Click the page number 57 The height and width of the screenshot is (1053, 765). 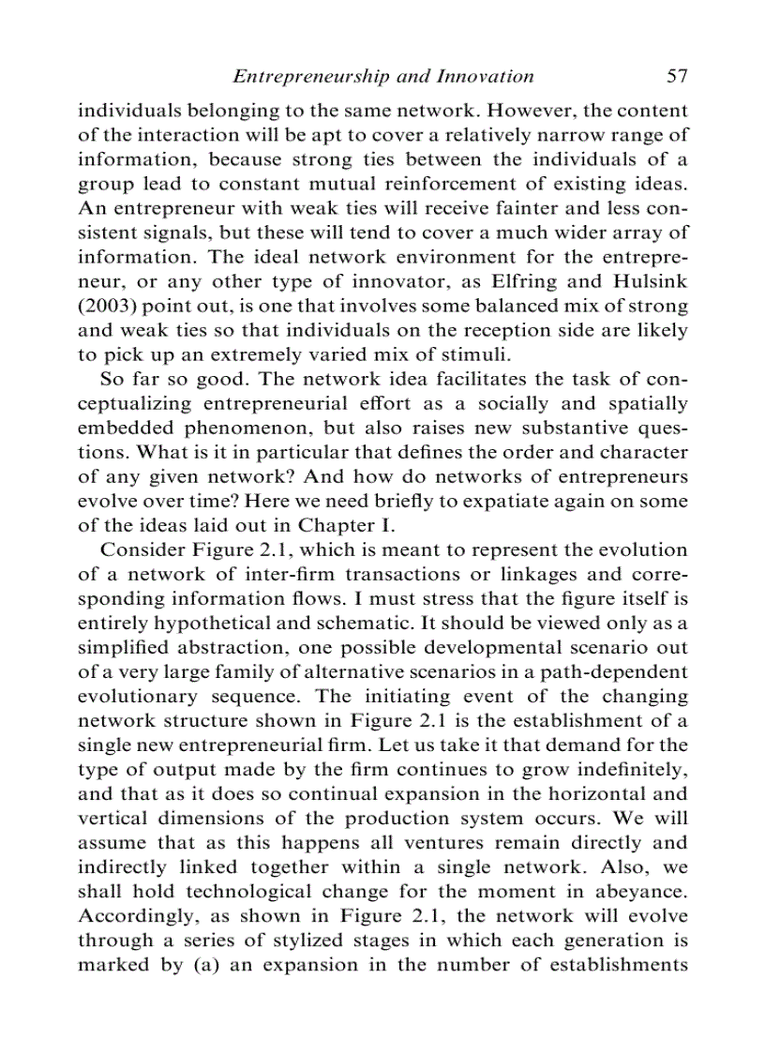coord(677,76)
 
